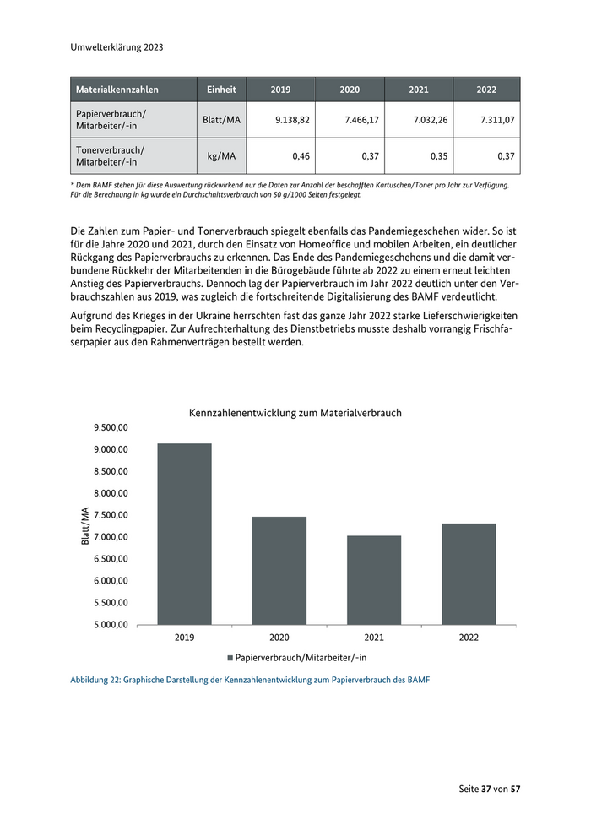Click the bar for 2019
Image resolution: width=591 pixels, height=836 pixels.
(x=185, y=534)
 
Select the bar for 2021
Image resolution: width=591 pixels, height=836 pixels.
(x=374, y=580)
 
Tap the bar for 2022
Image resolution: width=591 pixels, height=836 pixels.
(x=469, y=574)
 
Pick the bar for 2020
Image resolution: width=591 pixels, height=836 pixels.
(x=279, y=571)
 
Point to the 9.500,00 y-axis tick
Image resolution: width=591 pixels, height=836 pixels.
(x=111, y=428)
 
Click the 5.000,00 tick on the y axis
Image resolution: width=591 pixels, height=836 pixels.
(x=111, y=625)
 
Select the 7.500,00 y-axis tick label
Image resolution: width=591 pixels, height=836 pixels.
(x=111, y=515)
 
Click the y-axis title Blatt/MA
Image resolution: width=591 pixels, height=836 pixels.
(x=85, y=526)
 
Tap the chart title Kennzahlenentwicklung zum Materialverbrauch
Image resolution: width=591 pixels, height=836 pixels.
(x=295, y=413)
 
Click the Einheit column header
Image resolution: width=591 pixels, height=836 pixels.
(x=222, y=90)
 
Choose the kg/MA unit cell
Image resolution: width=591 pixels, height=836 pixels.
(x=222, y=156)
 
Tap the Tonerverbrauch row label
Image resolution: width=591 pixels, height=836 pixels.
(x=111, y=156)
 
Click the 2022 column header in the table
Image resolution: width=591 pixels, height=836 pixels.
(x=486, y=90)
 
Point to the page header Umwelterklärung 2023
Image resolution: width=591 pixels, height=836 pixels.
(x=117, y=47)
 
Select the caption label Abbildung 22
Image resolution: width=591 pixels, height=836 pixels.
(x=97, y=681)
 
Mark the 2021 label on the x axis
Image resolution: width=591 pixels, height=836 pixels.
(x=374, y=638)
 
